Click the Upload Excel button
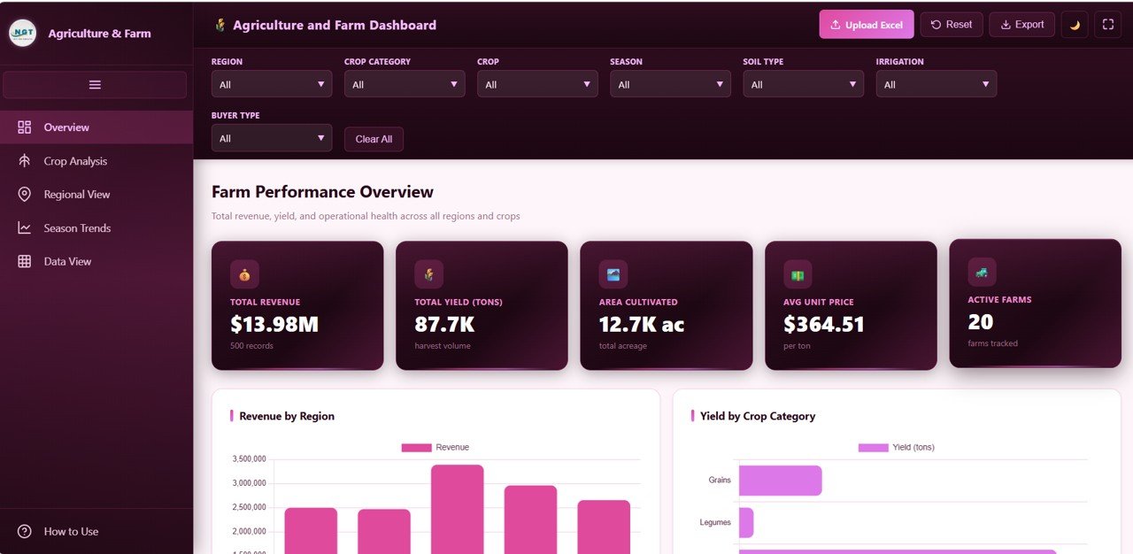[x=866, y=25]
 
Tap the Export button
[x=1021, y=25]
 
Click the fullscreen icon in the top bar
[x=1107, y=25]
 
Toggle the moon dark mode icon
[x=1075, y=25]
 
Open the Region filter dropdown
[x=272, y=85]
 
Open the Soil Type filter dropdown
[x=803, y=85]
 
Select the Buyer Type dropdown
[x=272, y=139]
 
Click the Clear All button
[x=374, y=139]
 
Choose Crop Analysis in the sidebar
[x=75, y=161]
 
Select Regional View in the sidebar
[x=77, y=195]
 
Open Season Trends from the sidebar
[x=77, y=228]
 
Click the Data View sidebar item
[x=67, y=262]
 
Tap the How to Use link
[x=71, y=532]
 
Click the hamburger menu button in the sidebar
[x=95, y=85]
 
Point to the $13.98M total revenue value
[x=274, y=325]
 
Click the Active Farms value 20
[x=981, y=322]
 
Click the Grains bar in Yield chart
[x=780, y=481]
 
